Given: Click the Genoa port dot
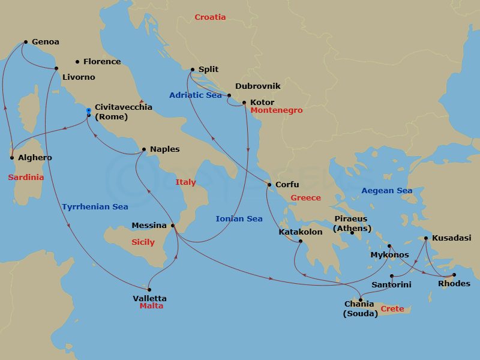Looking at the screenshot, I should point(26,42).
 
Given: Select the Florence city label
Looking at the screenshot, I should point(101,61).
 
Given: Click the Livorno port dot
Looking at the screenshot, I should point(56,68).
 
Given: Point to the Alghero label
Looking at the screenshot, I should point(35,158).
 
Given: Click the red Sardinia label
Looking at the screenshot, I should point(26,177).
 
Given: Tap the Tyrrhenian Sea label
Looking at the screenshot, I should point(95,207).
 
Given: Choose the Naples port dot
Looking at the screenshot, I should point(143,149).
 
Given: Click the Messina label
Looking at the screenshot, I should point(149,226).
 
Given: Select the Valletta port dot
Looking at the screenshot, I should point(149,289).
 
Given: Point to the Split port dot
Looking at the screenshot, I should point(192,69).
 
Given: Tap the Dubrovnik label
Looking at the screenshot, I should point(257,86).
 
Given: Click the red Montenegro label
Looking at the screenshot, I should point(276,110).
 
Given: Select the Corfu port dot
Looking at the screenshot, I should point(269,185).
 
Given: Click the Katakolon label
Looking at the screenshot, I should point(301,232).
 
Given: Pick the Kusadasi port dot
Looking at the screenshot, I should point(426,238).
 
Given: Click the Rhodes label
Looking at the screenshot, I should point(454,284).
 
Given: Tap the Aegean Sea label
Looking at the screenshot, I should point(386,191).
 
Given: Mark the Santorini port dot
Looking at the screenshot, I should point(391,276).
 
